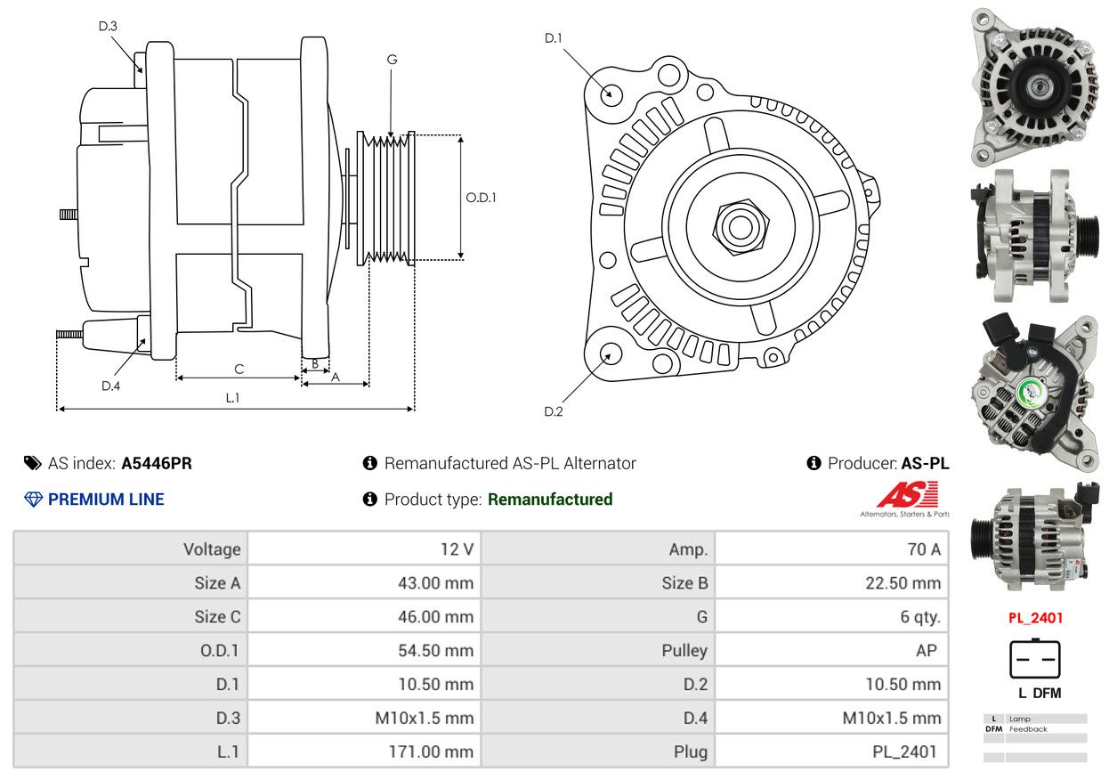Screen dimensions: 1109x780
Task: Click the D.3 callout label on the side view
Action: pyautogui.click(x=108, y=26)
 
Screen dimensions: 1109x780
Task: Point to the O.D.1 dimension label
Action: pyautogui.click(x=481, y=198)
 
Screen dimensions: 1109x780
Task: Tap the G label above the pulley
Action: pyautogui.click(x=393, y=60)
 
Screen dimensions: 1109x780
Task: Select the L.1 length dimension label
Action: pyautogui.click(x=232, y=398)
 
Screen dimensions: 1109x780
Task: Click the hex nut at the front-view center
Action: pyautogui.click(x=741, y=228)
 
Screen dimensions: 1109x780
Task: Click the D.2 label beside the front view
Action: pyautogui.click(x=554, y=411)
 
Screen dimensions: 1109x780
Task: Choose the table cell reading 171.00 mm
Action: pyautogui.click(x=364, y=752)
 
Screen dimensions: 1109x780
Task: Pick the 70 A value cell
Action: pyautogui.click(x=831, y=548)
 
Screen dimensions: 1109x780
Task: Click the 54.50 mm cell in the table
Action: pyautogui.click(x=364, y=650)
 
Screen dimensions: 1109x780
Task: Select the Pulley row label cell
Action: pyautogui.click(x=598, y=650)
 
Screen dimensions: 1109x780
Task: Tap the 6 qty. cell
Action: pyautogui.click(x=831, y=616)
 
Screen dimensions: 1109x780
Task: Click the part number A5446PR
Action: pyautogui.click(x=157, y=464)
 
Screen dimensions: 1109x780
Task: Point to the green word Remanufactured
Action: pyautogui.click(x=550, y=500)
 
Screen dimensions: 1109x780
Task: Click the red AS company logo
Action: pyautogui.click(x=908, y=494)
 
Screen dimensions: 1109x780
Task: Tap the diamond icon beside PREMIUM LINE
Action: pyautogui.click(x=33, y=500)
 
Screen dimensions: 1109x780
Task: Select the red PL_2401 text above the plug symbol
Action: pyautogui.click(x=1035, y=618)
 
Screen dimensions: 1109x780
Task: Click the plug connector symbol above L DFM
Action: pyautogui.click(x=1035, y=659)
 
